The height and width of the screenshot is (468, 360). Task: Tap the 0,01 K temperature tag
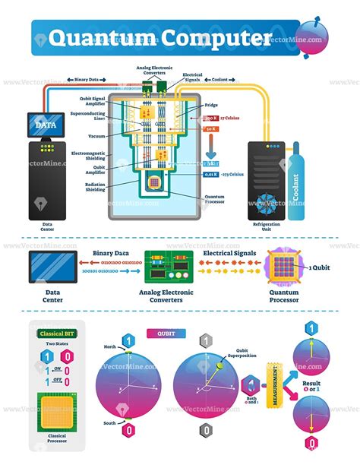[213, 175]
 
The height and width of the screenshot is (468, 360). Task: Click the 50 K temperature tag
[212, 130]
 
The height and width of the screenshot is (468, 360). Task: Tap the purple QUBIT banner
[166, 332]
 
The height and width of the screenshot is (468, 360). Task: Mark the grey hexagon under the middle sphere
[205, 430]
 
